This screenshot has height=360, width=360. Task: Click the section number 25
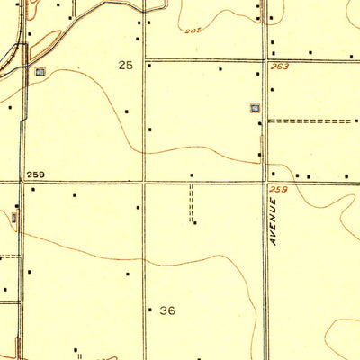[x=125, y=66]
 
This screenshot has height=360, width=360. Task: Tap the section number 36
[x=167, y=310]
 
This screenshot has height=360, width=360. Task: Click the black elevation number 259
[x=36, y=175]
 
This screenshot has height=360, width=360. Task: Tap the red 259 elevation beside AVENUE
[x=278, y=189]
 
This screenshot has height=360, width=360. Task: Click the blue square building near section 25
[x=39, y=71]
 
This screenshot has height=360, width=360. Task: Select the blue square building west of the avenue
[x=255, y=109]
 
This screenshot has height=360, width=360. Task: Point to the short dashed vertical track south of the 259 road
[x=191, y=202]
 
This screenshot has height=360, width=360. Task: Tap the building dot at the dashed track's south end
[x=195, y=222]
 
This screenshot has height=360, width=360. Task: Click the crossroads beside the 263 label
[x=265, y=61]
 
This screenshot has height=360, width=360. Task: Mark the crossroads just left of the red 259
[x=266, y=183]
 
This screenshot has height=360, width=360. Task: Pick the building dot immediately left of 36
[x=149, y=310]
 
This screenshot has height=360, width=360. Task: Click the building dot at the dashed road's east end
[x=352, y=121]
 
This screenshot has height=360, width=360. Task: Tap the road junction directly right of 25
[x=145, y=61]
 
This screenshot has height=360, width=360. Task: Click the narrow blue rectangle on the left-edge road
[x=15, y=217]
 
